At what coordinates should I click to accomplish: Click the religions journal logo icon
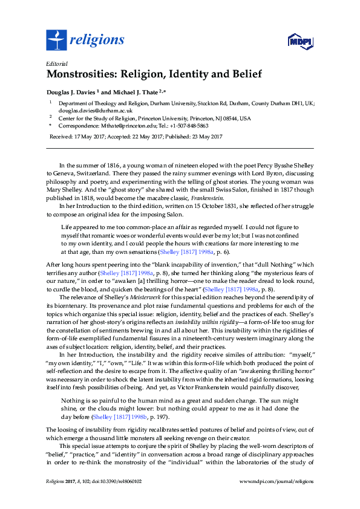[x=56, y=41]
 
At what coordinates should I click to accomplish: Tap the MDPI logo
[x=300, y=41]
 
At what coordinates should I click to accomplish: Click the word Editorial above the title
[x=57, y=63]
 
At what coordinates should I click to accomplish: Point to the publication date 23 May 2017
[x=205, y=137]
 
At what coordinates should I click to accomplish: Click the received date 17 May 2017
[x=88, y=137]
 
